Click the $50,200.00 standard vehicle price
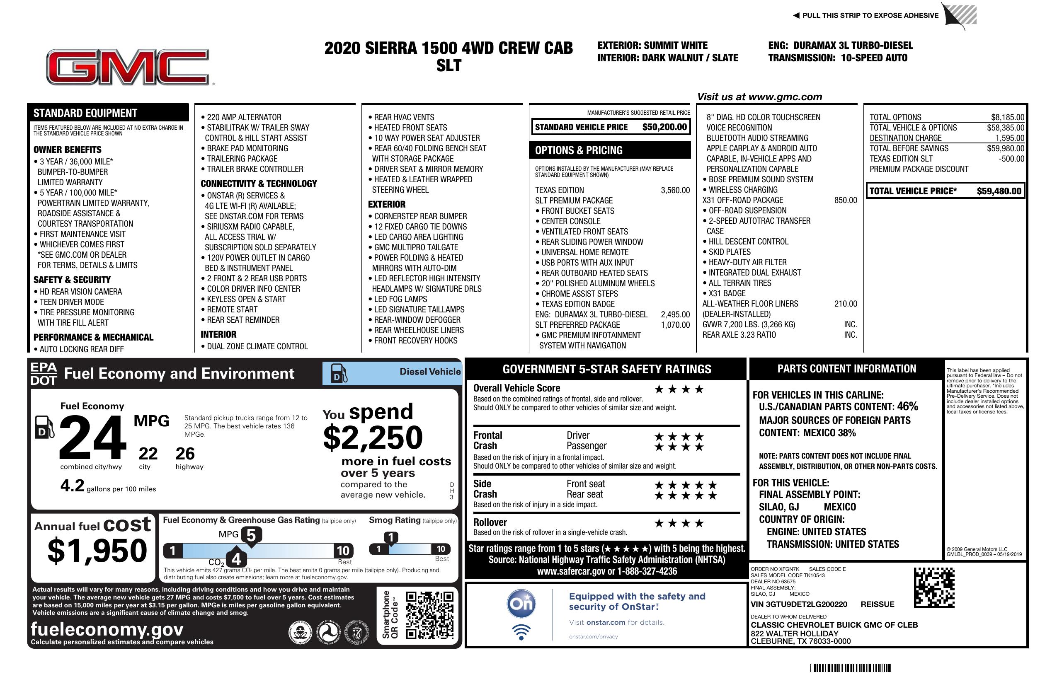(664, 127)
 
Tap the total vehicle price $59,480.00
(999, 191)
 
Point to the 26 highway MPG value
(185, 454)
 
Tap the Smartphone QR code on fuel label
(429, 615)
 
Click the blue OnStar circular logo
(521, 604)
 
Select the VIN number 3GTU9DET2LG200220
(798, 604)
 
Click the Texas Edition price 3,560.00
(675, 191)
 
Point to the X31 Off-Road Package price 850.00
(845, 200)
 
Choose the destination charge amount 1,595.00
(1009, 138)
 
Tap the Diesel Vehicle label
(430, 372)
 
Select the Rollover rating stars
(679, 523)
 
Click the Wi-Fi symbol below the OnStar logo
(521, 632)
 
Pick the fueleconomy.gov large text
(107, 629)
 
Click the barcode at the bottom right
(851, 668)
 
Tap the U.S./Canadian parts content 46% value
(907, 406)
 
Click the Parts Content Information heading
(846, 369)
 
